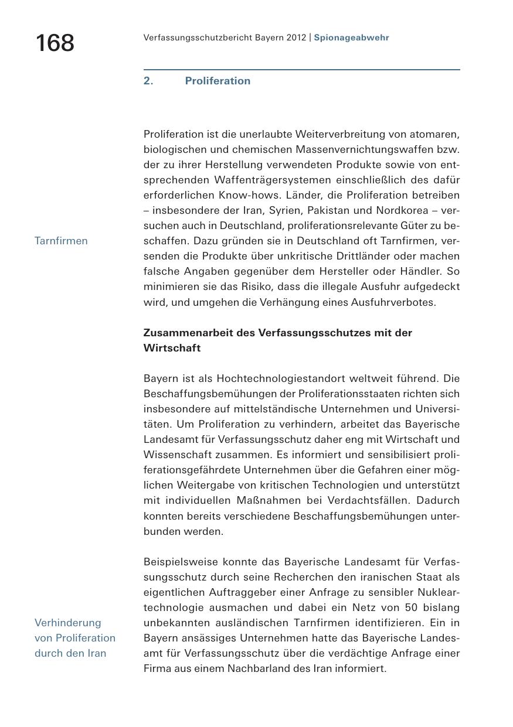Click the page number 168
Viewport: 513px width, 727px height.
[55, 43]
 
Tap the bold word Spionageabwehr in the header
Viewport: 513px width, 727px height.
[351, 37]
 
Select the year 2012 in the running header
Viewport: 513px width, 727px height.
[297, 37]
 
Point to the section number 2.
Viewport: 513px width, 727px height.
[148, 81]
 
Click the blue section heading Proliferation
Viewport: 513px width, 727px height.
[218, 81]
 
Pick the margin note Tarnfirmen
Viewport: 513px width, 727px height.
[61, 241]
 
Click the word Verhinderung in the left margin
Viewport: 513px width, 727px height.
[67, 623]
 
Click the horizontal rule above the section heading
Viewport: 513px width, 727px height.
[301, 70]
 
